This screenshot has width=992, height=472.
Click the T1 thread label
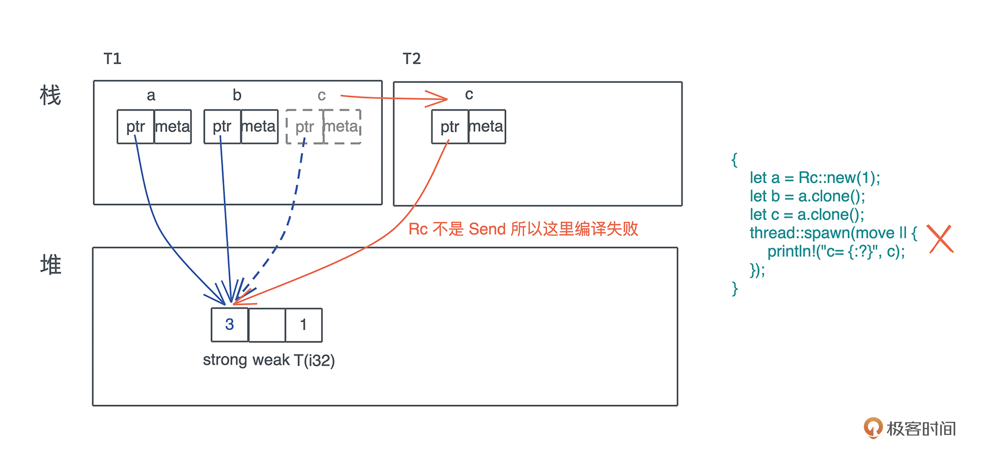click(112, 59)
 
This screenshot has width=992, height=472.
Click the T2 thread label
click(412, 59)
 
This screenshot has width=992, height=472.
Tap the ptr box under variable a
click(135, 127)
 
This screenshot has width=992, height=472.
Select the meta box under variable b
click(259, 127)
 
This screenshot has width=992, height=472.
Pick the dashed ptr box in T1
click(305, 127)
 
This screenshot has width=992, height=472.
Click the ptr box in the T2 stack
click(450, 127)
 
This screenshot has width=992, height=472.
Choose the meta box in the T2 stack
click(487, 127)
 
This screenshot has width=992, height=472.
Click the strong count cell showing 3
click(229, 325)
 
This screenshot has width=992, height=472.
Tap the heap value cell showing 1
click(304, 325)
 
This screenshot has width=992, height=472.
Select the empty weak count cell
click(267, 325)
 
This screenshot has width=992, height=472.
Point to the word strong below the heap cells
click(225, 360)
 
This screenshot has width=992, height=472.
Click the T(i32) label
click(314, 360)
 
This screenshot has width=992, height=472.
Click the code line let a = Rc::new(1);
click(815, 178)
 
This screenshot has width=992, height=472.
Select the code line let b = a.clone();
click(807, 196)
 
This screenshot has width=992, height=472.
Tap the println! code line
click(836, 252)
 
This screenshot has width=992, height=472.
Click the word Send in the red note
click(487, 229)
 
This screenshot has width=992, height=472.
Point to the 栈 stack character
click(51, 96)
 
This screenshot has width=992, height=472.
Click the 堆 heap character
click(51, 264)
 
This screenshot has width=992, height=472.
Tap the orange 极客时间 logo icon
click(873, 428)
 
